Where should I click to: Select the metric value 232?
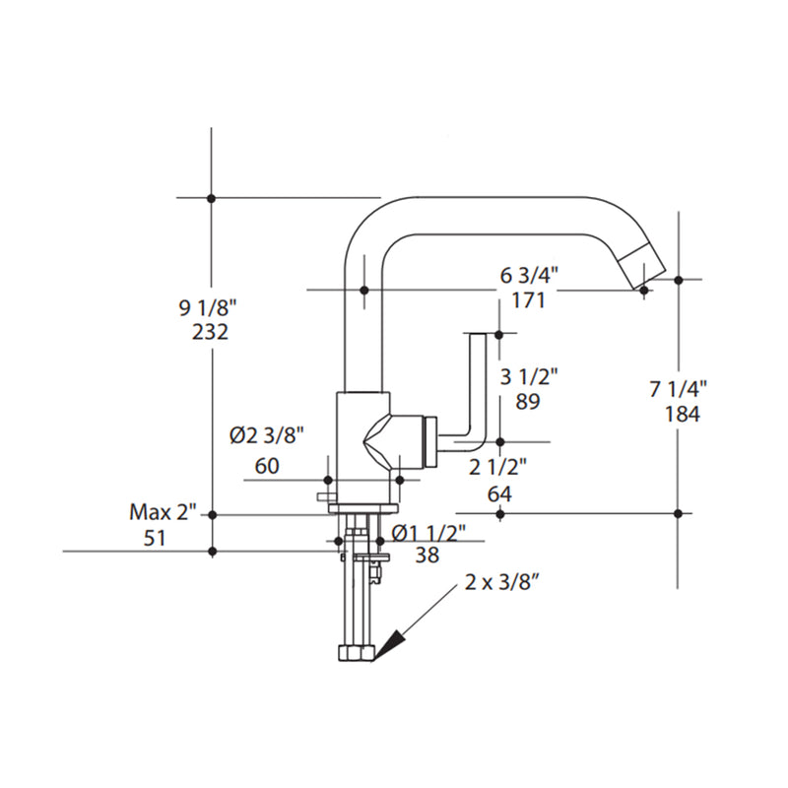pos(211,332)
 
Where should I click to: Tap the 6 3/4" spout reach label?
pos(530,277)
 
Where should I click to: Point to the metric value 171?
pos(529,301)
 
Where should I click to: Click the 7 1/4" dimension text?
pos(680,390)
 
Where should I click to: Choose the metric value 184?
pos(680,415)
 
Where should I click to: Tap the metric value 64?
pos(499,494)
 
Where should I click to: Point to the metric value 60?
pos(267,466)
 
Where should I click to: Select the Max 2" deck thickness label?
pos(164,512)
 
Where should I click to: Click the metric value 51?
pos(154,539)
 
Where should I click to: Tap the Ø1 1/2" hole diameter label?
pos(428,533)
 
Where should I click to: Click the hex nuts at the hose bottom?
pos(356,653)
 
